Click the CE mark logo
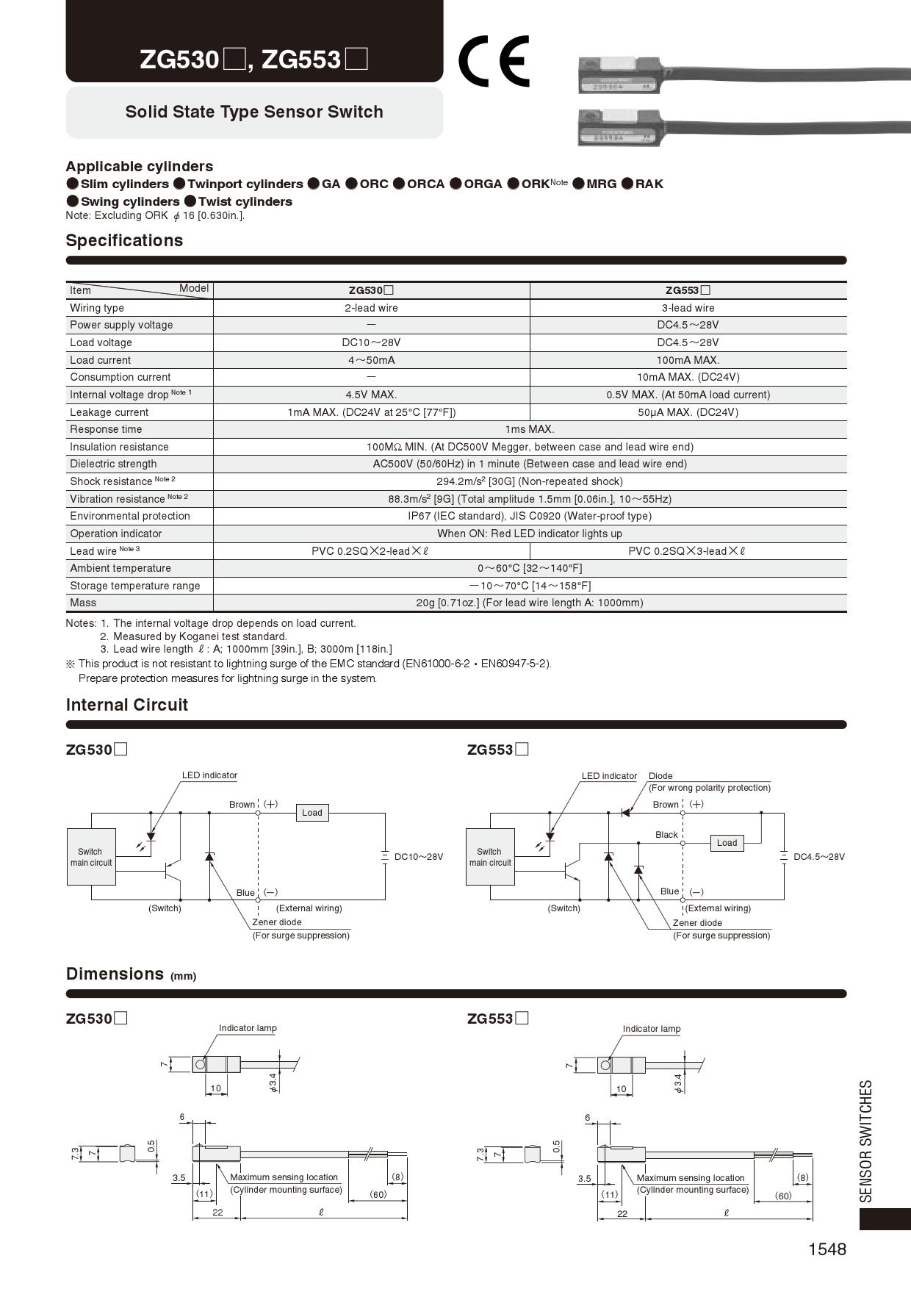tap(494, 62)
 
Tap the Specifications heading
tap(124, 241)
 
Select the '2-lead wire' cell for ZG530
tap(371, 308)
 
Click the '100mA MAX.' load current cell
tap(688, 360)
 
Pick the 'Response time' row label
tap(106, 429)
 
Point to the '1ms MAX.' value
tap(529, 429)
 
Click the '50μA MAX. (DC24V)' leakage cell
tap(688, 412)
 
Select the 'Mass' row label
tap(83, 603)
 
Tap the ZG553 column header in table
tap(688, 290)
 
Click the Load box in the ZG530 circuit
tap(312, 813)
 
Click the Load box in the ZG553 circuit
tap(727, 843)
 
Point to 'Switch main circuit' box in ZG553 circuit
tap(490, 857)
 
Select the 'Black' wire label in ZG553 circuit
tap(666, 835)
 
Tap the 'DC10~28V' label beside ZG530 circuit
tap(419, 857)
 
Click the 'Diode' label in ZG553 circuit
tap(660, 776)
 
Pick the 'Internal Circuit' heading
tap(127, 705)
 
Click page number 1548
tap(827, 1249)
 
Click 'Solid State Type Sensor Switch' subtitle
tap(254, 112)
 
